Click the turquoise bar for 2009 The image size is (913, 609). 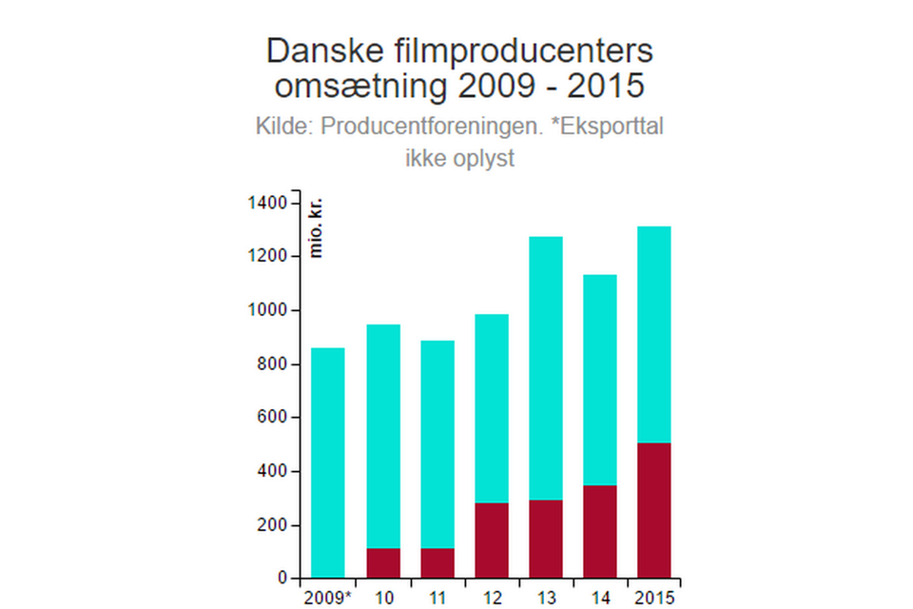[x=328, y=462]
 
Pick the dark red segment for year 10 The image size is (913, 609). [x=383, y=563]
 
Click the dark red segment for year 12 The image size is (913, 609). [x=492, y=540]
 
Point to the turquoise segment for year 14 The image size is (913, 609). [x=599, y=380]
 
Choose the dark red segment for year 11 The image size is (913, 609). [x=437, y=563]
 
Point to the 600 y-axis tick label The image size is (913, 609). [x=272, y=418]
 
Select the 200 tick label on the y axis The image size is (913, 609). [x=272, y=525]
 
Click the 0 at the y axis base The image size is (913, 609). [x=282, y=579]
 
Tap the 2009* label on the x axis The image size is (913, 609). [x=328, y=599]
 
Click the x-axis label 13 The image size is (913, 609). [x=545, y=599]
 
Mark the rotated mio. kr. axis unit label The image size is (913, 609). [x=317, y=228]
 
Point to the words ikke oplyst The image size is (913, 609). [x=459, y=158]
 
